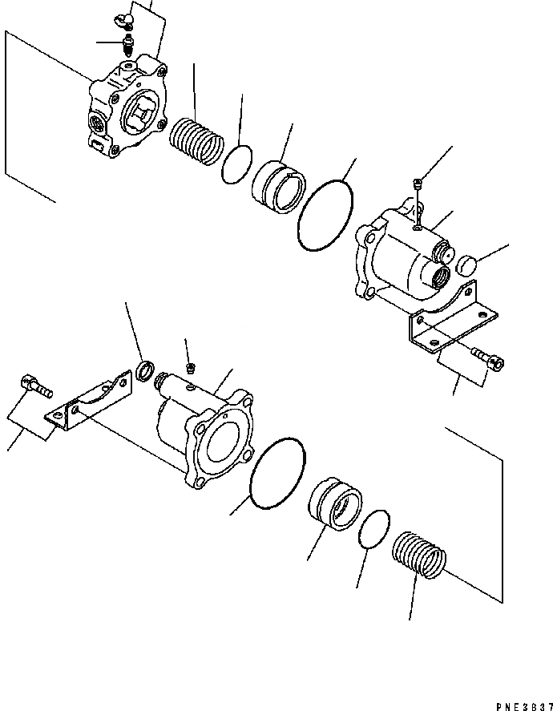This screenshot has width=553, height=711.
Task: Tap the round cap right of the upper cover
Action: coord(466,264)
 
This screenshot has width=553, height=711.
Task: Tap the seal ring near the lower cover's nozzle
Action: coord(144,370)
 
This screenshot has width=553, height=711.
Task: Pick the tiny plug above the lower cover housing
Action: coord(191,369)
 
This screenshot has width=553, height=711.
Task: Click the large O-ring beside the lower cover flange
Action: coord(277,473)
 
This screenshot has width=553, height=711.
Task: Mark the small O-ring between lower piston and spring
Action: coord(373,530)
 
